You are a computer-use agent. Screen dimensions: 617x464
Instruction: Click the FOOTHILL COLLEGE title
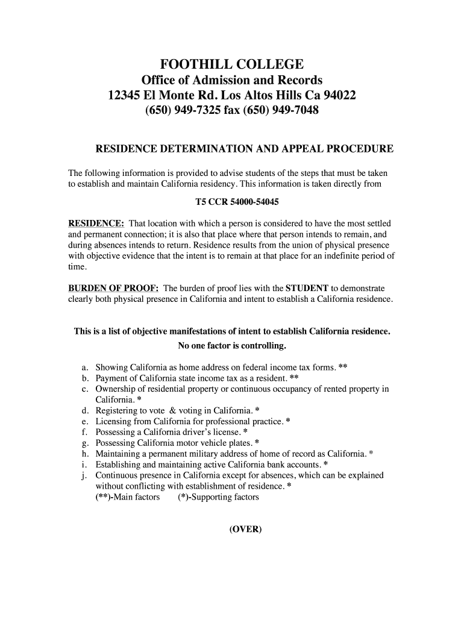pyautogui.click(x=231, y=64)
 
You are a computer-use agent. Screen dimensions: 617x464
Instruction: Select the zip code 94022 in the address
pyautogui.click(x=339, y=96)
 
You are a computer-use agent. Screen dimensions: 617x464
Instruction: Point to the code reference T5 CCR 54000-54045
pyautogui.click(x=232, y=201)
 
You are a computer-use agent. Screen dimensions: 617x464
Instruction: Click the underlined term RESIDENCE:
pyautogui.click(x=96, y=223)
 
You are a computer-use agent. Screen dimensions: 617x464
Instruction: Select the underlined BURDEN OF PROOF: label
pyautogui.click(x=113, y=288)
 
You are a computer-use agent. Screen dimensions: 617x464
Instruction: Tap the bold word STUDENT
pyautogui.click(x=307, y=288)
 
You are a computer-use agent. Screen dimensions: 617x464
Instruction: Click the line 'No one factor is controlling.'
pyautogui.click(x=232, y=346)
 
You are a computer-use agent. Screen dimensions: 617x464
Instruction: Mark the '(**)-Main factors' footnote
pyautogui.click(x=128, y=497)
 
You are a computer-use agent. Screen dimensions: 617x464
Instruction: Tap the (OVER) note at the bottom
pyautogui.click(x=245, y=530)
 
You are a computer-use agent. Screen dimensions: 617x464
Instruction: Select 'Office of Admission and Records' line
pyautogui.click(x=232, y=80)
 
